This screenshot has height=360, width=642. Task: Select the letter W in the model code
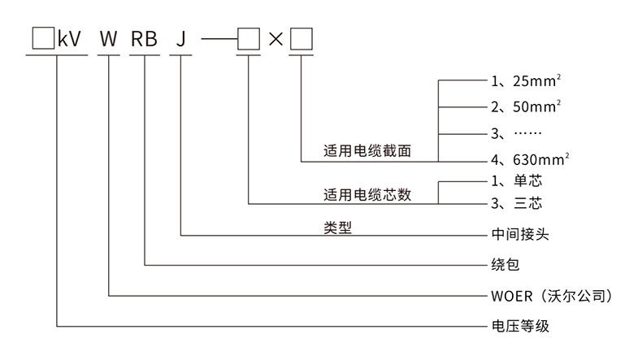click(x=108, y=38)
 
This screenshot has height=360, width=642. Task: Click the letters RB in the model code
click(x=144, y=38)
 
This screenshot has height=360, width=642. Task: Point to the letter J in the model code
click(x=180, y=38)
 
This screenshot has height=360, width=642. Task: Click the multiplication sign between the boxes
click(x=275, y=38)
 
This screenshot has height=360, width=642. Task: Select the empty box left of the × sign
click(x=248, y=38)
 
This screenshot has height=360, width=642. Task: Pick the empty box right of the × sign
click(x=301, y=38)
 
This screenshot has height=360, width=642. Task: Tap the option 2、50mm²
click(x=526, y=106)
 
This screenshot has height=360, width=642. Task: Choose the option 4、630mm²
click(x=529, y=160)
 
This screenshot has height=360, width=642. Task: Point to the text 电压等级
click(x=516, y=326)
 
